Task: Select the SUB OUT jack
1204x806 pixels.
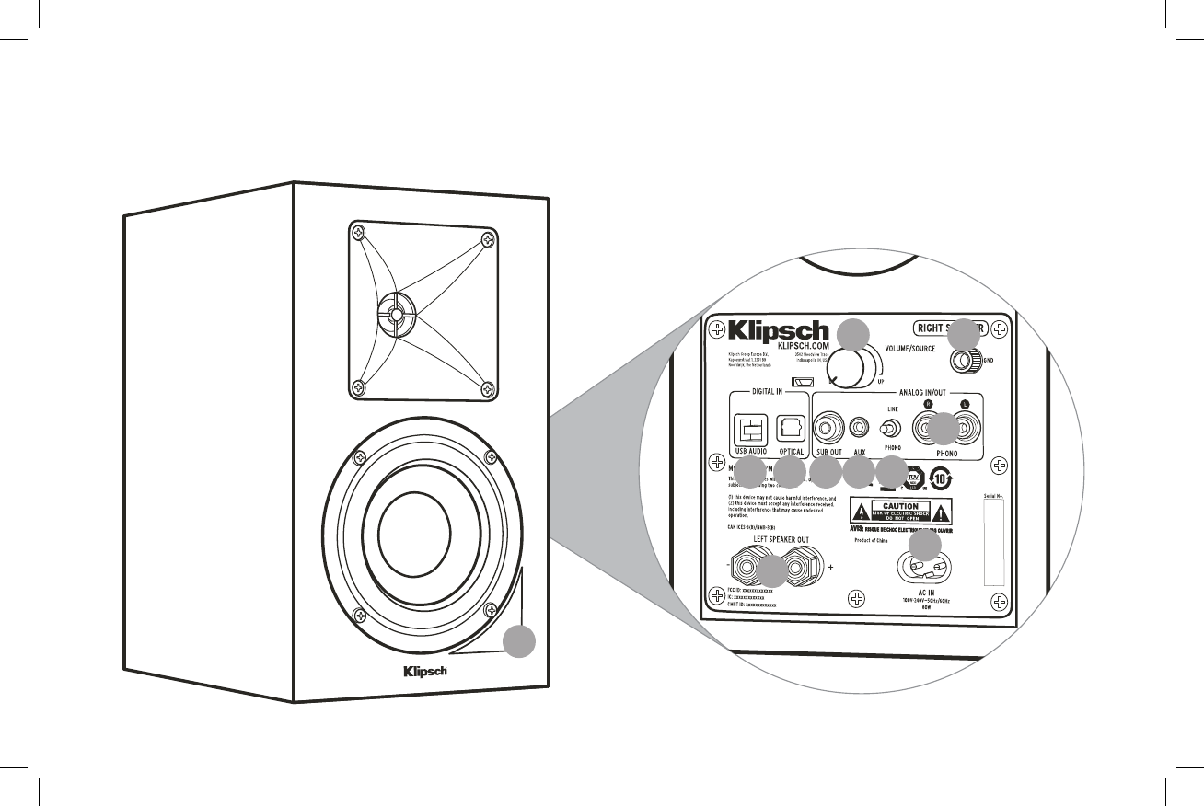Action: [x=829, y=428]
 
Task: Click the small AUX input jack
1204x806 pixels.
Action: [x=860, y=428]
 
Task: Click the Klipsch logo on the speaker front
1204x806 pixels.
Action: [x=424, y=671]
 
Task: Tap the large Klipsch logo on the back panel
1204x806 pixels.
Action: [x=778, y=330]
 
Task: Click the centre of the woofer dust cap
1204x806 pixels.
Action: [x=413, y=530]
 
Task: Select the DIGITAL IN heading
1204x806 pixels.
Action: [x=768, y=390]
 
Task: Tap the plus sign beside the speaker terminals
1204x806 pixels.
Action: [x=830, y=569]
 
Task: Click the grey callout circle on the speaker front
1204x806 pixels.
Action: [x=520, y=642]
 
